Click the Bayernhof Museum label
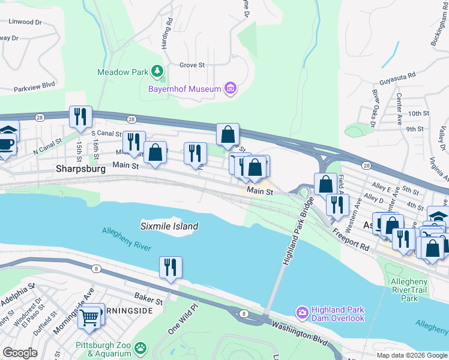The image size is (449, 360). (184, 89)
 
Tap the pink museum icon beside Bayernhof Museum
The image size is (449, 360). (229, 89)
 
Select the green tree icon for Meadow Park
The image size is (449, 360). (157, 72)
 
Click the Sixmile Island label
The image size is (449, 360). (169, 226)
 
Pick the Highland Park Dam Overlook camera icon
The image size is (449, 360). (302, 313)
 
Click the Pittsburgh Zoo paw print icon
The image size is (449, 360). (140, 347)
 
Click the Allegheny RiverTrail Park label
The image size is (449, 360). (409, 290)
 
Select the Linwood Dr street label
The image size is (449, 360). (25, 22)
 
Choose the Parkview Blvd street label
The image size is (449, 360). (35, 85)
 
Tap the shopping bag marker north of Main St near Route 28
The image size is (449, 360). (228, 135)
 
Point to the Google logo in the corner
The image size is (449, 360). (20, 353)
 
